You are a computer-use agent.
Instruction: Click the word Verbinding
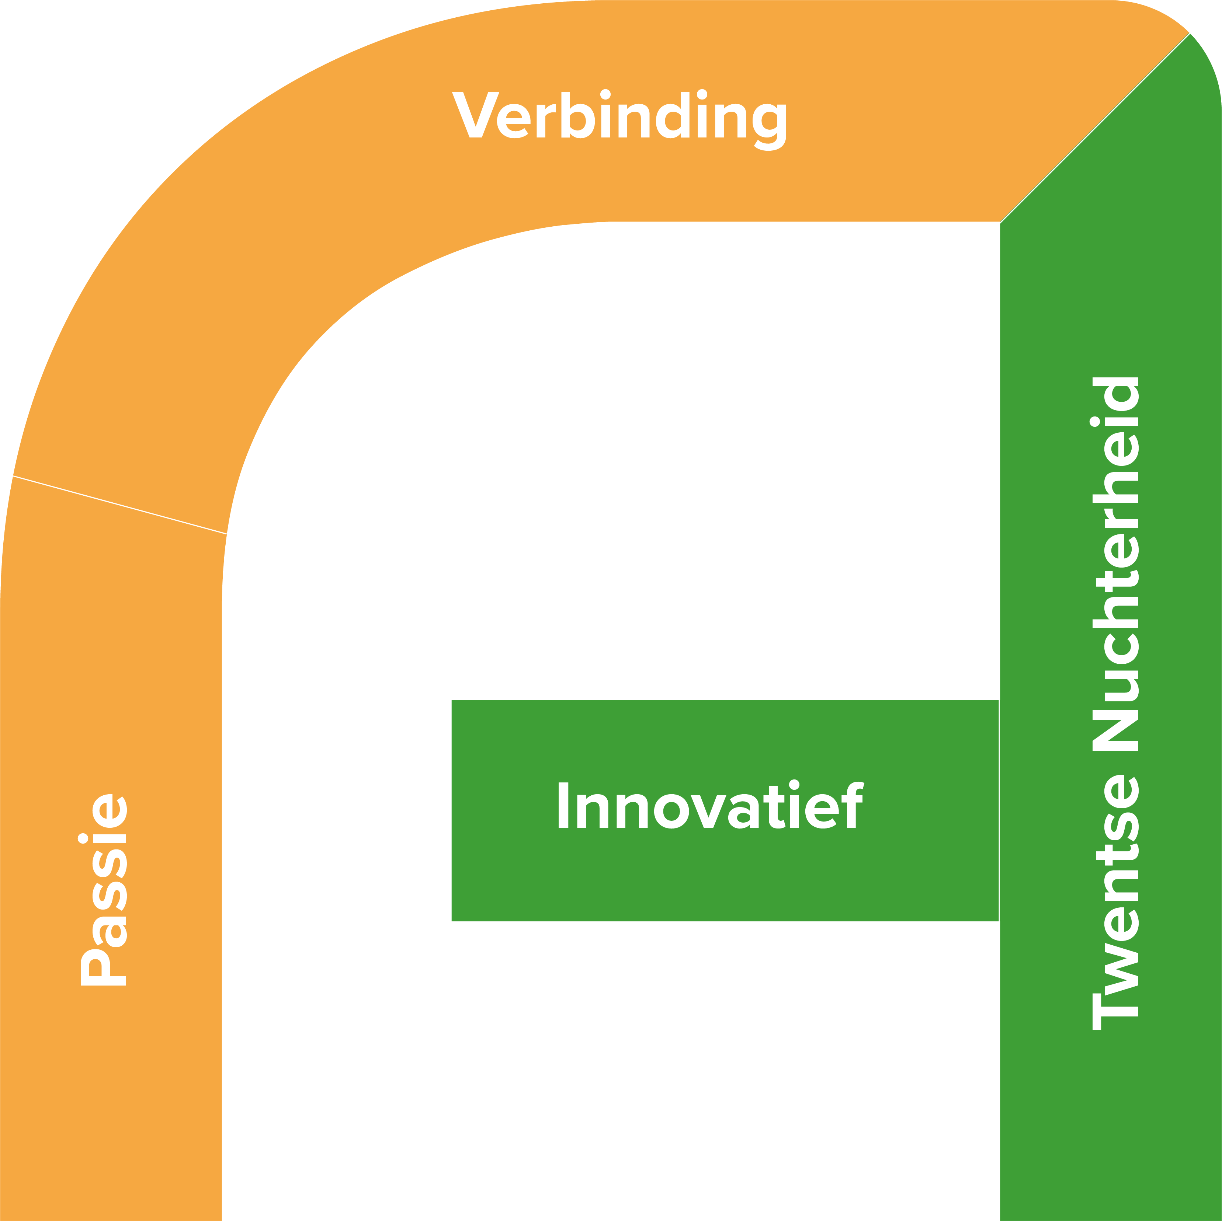coord(620,117)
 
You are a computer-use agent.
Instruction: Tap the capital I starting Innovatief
coord(563,806)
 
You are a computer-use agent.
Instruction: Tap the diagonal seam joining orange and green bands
coord(1094,128)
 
